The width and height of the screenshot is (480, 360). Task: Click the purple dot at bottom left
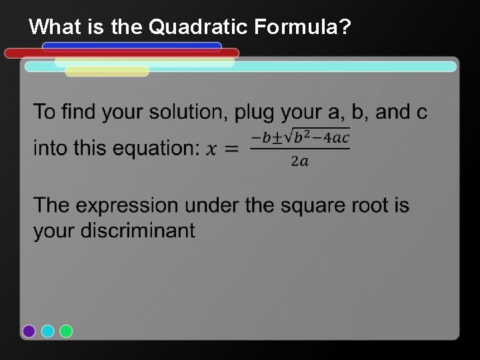coord(29,331)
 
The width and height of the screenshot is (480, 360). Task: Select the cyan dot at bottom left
coord(47,331)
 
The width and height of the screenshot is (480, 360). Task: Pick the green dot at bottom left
coord(65,331)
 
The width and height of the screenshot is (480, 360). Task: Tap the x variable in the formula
coord(212,149)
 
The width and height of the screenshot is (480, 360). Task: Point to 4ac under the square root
coord(334,138)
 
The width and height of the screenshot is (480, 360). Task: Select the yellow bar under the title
coord(107,71)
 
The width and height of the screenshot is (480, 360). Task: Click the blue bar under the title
coord(131,47)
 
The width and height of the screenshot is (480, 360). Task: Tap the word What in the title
coord(53,27)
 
